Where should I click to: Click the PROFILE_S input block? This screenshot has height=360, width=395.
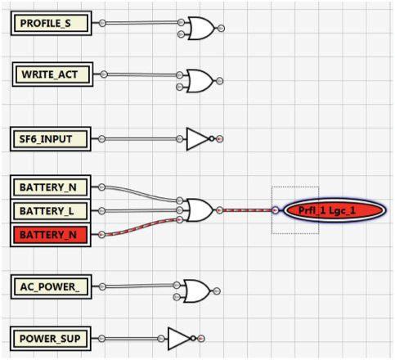pyautogui.click(x=52, y=23)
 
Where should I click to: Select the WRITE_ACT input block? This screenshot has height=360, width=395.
pyautogui.click(x=52, y=74)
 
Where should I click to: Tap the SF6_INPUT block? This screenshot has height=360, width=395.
pyautogui.click(x=51, y=139)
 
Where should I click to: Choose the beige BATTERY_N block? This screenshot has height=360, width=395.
pyautogui.click(x=51, y=187)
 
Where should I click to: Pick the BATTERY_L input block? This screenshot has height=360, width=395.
pyautogui.click(x=51, y=211)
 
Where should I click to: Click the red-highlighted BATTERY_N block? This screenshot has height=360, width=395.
pyautogui.click(x=51, y=235)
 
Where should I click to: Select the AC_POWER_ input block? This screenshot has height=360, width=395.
pyautogui.click(x=52, y=286)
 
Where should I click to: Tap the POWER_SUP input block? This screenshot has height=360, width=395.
pyautogui.click(x=51, y=339)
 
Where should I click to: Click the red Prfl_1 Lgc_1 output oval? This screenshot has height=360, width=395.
pyautogui.click(x=334, y=210)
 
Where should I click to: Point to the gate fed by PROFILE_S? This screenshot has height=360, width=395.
pyautogui.click(x=201, y=29)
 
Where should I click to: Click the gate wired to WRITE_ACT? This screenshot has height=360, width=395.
pyautogui.click(x=200, y=81)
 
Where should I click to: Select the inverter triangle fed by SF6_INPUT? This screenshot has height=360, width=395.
pyautogui.click(x=197, y=139)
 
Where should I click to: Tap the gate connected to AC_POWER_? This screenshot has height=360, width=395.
pyautogui.click(x=197, y=291)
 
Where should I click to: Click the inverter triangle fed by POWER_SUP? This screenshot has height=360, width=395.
pyautogui.click(x=179, y=339)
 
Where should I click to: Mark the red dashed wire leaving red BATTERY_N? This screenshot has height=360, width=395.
pyautogui.click(x=141, y=227)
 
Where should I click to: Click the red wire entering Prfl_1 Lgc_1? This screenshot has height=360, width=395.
pyautogui.click(x=248, y=210)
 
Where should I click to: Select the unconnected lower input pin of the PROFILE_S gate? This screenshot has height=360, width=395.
pyautogui.click(x=181, y=34)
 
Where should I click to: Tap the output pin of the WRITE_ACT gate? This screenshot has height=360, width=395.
pyautogui.click(x=219, y=81)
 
